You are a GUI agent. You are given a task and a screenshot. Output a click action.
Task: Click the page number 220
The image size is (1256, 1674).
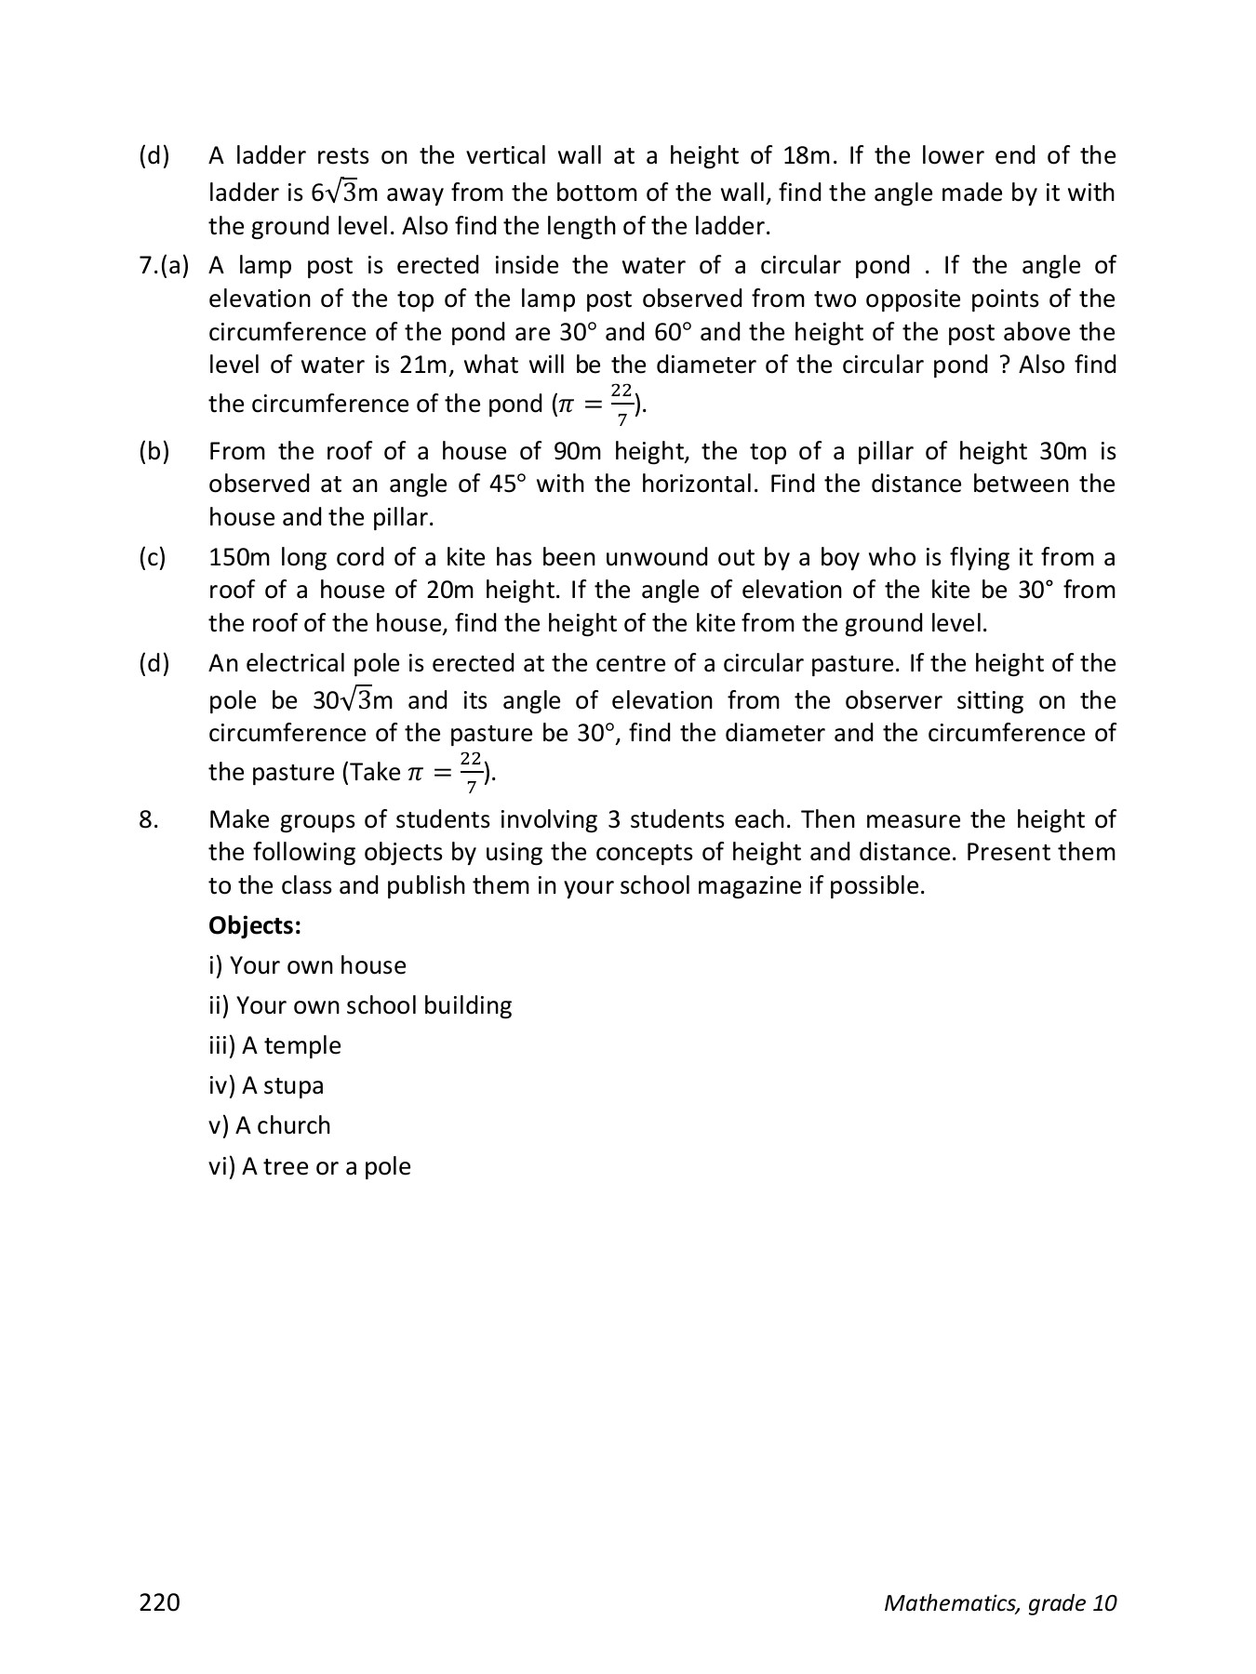pos(159,1601)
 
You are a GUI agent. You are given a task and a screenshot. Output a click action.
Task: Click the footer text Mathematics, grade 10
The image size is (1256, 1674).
pos(999,1602)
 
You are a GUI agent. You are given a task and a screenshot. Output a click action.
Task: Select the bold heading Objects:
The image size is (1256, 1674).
pos(255,925)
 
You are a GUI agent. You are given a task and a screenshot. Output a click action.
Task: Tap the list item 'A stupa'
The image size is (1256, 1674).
pos(266,1085)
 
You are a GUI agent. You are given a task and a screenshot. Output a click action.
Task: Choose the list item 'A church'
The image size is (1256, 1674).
pos(270,1125)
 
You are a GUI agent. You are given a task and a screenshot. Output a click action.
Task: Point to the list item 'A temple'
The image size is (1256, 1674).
pos(274,1045)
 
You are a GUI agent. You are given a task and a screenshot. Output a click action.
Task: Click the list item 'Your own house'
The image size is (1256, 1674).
pos(307,965)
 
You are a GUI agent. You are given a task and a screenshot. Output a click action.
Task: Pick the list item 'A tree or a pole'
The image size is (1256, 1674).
pos(309,1166)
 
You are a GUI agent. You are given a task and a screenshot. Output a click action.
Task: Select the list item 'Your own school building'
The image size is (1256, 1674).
pos(360,1005)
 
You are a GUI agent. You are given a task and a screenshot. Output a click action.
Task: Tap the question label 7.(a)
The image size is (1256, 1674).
pos(164,266)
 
